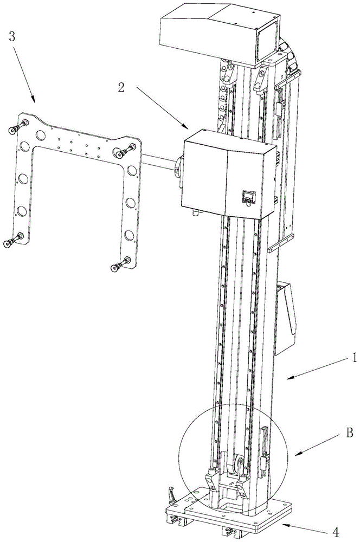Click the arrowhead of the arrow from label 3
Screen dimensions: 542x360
coord(35,101)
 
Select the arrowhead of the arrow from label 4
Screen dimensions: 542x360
coord(282,525)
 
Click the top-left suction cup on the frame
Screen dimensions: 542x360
coord(12,130)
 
